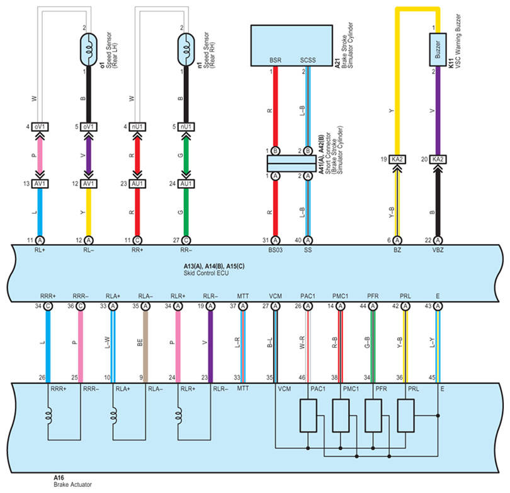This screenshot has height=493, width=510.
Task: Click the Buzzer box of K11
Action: click(x=438, y=50)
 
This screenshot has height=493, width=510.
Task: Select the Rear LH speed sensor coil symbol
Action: click(x=89, y=50)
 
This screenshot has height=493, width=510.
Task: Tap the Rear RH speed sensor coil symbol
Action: click(x=186, y=50)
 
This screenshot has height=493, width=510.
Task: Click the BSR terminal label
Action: click(x=275, y=61)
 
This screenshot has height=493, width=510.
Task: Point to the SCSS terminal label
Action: click(x=308, y=61)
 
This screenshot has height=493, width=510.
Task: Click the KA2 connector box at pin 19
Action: click(x=397, y=159)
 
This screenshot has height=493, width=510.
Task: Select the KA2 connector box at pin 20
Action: click(x=438, y=159)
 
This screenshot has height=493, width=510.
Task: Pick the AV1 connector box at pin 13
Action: click(x=40, y=183)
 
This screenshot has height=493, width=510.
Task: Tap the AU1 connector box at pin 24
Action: click(x=186, y=183)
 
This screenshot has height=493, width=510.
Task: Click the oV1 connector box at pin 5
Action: click(x=89, y=127)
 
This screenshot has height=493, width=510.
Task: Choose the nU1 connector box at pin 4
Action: click(x=137, y=127)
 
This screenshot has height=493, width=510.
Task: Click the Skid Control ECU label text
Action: click(x=206, y=273)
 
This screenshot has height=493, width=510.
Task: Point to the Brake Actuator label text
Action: click(x=72, y=485)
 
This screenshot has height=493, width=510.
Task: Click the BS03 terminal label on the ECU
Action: click(x=275, y=250)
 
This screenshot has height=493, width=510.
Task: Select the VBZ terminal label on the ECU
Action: click(x=438, y=250)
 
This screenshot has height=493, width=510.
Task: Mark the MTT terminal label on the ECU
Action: click(x=242, y=296)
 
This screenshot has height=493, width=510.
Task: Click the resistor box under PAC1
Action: click(x=308, y=416)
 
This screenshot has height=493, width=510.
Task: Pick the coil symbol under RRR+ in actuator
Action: click(x=48, y=416)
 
